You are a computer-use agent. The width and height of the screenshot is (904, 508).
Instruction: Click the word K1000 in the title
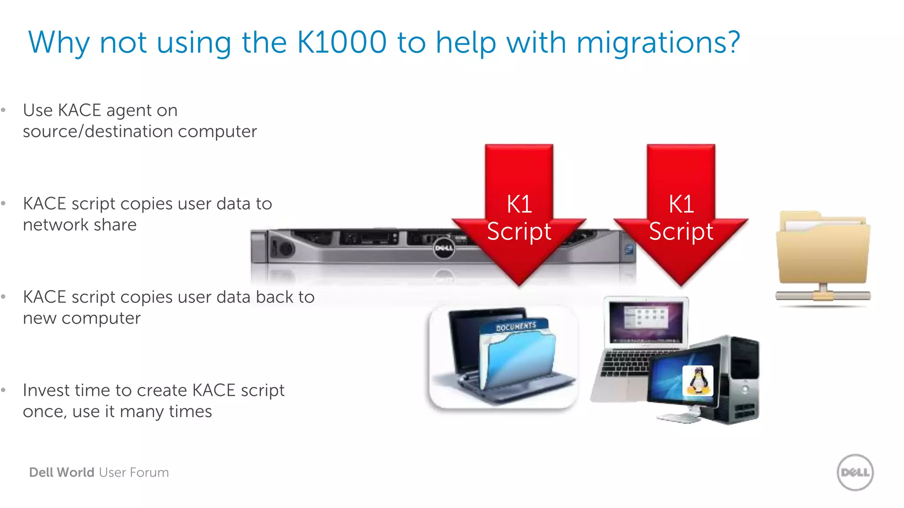pos(342,42)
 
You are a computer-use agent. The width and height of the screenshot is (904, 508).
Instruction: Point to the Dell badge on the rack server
pos(444,248)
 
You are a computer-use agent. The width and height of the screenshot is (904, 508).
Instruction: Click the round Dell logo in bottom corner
pos(855,472)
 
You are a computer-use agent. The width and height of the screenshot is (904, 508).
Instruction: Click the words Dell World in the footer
pos(62,472)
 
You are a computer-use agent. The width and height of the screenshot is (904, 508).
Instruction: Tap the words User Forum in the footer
pos(134,472)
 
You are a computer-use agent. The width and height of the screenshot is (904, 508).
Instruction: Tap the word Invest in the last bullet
pos(46,390)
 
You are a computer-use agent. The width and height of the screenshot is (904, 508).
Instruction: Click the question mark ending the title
pos(733,42)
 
